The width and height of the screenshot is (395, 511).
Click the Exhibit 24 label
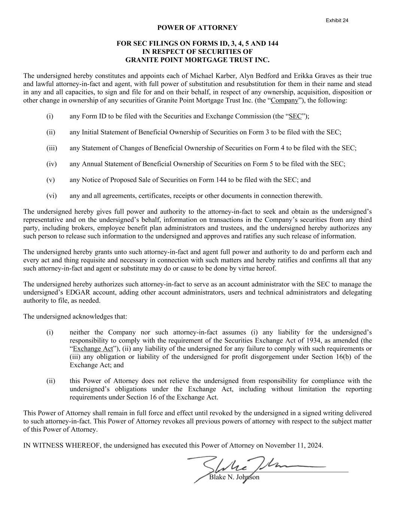coord(337,20)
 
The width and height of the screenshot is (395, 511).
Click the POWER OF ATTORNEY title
coord(197,28)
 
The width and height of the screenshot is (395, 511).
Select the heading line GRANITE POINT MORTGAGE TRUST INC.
coord(197,60)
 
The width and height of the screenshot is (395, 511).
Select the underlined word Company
coord(285,100)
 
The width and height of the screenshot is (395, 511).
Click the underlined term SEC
coord(295,116)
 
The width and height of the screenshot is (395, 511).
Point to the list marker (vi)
coord(51,196)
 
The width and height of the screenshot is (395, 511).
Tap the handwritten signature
coord(240,467)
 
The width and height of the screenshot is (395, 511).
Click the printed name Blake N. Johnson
coord(234,477)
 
